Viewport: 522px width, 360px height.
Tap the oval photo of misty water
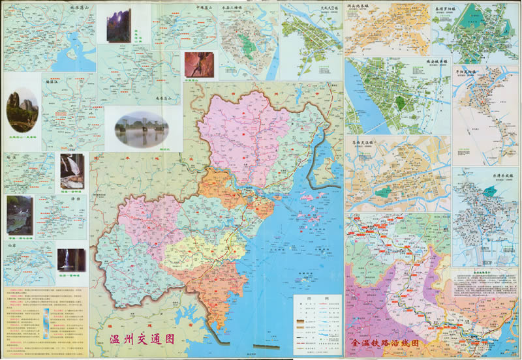click(140, 128)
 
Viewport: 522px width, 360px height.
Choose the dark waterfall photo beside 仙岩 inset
click(70, 260)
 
